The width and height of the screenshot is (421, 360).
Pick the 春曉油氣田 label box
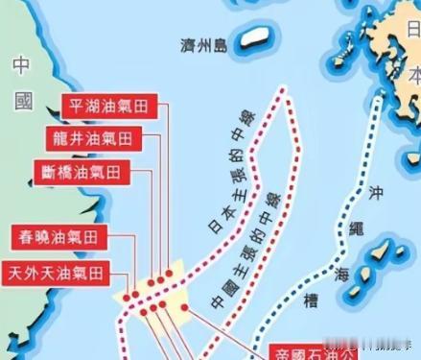coord(58,236)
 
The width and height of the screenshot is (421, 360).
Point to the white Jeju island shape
coord(254,38)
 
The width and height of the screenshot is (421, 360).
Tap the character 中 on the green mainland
coord(23,65)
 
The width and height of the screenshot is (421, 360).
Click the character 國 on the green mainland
coord(23,100)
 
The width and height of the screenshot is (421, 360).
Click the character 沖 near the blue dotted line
coord(376,194)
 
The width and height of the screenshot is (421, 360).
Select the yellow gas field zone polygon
coord(149,294)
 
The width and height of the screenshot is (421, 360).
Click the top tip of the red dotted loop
coord(283,91)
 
